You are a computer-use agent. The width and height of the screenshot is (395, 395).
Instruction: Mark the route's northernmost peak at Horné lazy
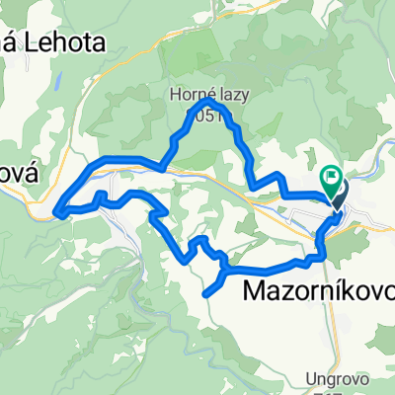(x=207, y=101)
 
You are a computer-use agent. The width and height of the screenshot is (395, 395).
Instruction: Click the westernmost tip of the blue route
(x=57, y=209)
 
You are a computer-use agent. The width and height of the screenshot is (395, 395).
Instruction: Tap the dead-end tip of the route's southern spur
(x=206, y=293)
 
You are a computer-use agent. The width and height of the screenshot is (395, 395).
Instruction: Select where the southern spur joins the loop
(x=226, y=269)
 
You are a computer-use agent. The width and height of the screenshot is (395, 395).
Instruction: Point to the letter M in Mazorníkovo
(x=254, y=291)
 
